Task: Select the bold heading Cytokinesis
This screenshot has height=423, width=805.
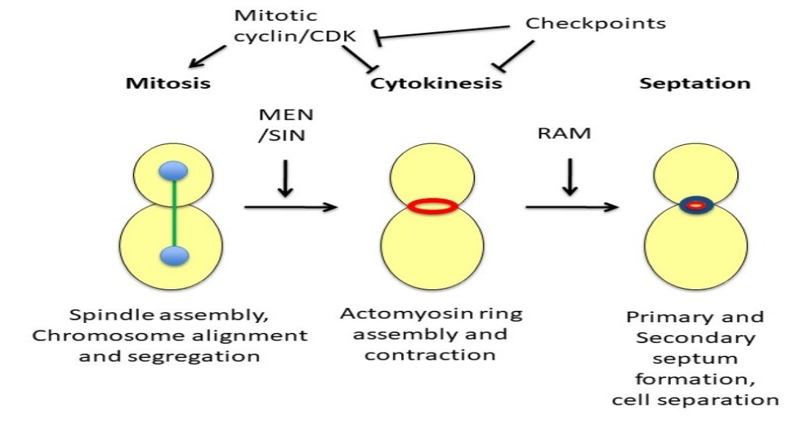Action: tap(436, 84)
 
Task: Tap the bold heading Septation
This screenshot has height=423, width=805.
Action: tap(695, 84)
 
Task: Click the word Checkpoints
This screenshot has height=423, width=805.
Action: tap(595, 23)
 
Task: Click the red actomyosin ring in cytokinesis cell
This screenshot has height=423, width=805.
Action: tap(432, 206)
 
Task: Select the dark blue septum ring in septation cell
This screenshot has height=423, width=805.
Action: tap(696, 205)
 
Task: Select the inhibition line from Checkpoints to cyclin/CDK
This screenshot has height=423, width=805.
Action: tap(443, 32)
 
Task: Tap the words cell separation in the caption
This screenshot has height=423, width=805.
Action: tap(695, 400)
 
